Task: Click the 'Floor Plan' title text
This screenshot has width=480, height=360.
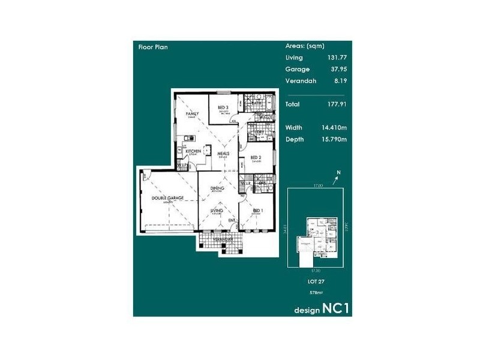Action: click(x=153, y=46)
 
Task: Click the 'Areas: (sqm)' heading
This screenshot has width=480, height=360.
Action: click(x=305, y=46)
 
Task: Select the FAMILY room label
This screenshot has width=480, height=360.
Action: click(x=192, y=113)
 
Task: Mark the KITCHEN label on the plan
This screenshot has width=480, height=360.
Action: click(x=193, y=152)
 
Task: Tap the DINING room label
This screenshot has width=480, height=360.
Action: click(x=217, y=188)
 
